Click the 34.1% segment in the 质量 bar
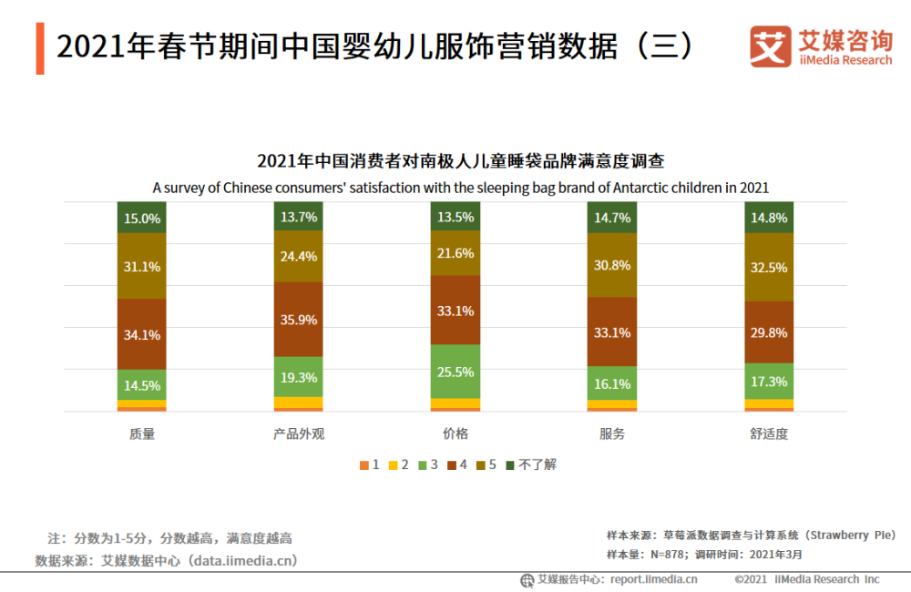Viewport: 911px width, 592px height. [x=142, y=334]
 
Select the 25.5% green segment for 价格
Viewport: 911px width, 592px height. [x=455, y=372]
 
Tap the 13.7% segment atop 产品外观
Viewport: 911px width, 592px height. [x=299, y=217]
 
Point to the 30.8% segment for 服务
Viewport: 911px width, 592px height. [x=613, y=265]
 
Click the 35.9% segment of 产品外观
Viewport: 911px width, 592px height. [x=299, y=320]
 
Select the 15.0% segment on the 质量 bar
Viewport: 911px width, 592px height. [x=142, y=218]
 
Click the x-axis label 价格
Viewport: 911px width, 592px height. [x=455, y=434]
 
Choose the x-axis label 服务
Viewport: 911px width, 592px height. [x=613, y=434]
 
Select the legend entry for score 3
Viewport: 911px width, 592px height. [x=427, y=464]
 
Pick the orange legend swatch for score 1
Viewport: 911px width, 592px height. [x=364, y=465]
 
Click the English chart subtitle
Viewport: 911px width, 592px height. [x=460, y=188]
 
